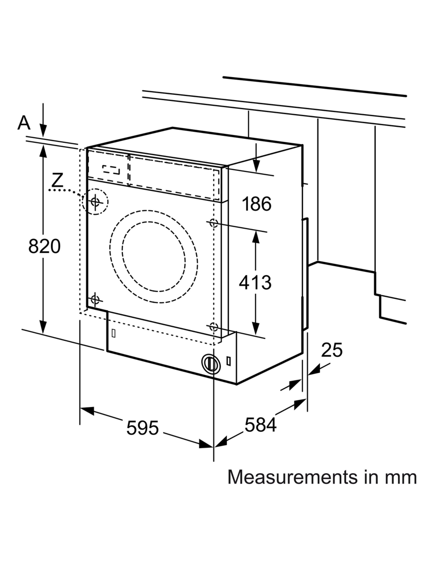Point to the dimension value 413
click(x=255, y=283)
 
